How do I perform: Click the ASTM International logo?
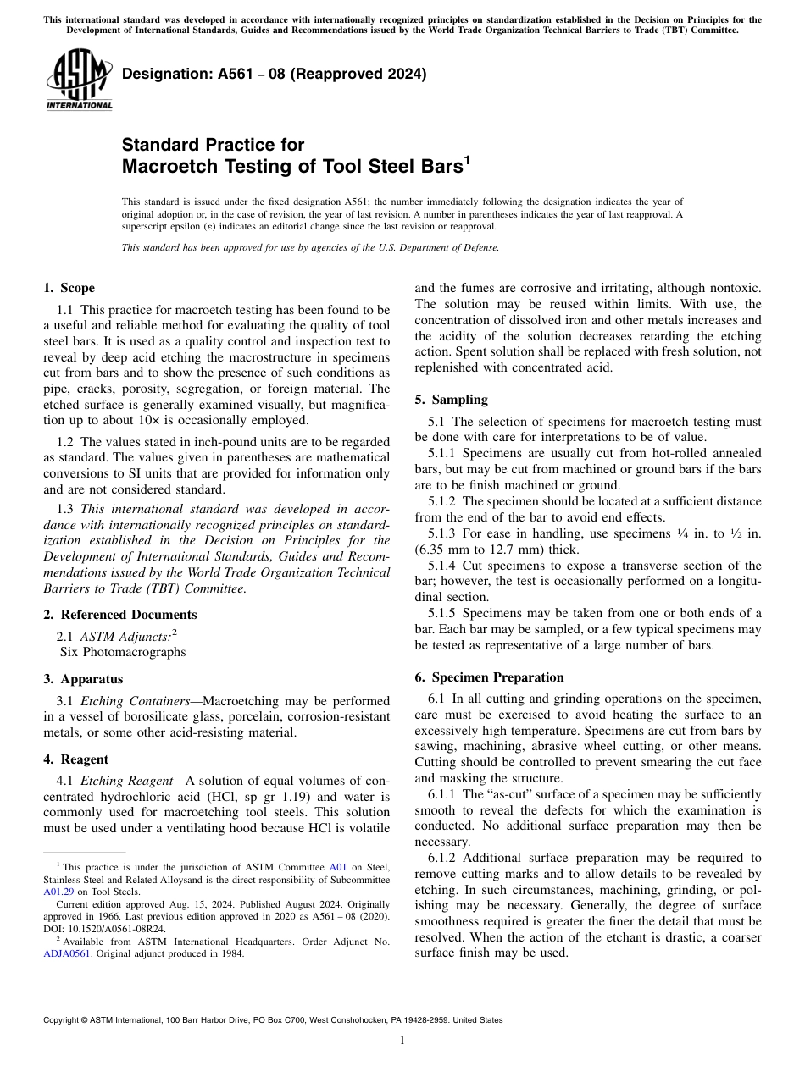click(x=79, y=80)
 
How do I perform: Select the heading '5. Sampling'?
click(x=451, y=400)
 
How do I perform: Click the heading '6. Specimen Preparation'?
click(x=489, y=677)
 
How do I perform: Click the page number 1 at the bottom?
click(x=402, y=1041)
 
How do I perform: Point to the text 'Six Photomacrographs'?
click(x=122, y=652)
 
